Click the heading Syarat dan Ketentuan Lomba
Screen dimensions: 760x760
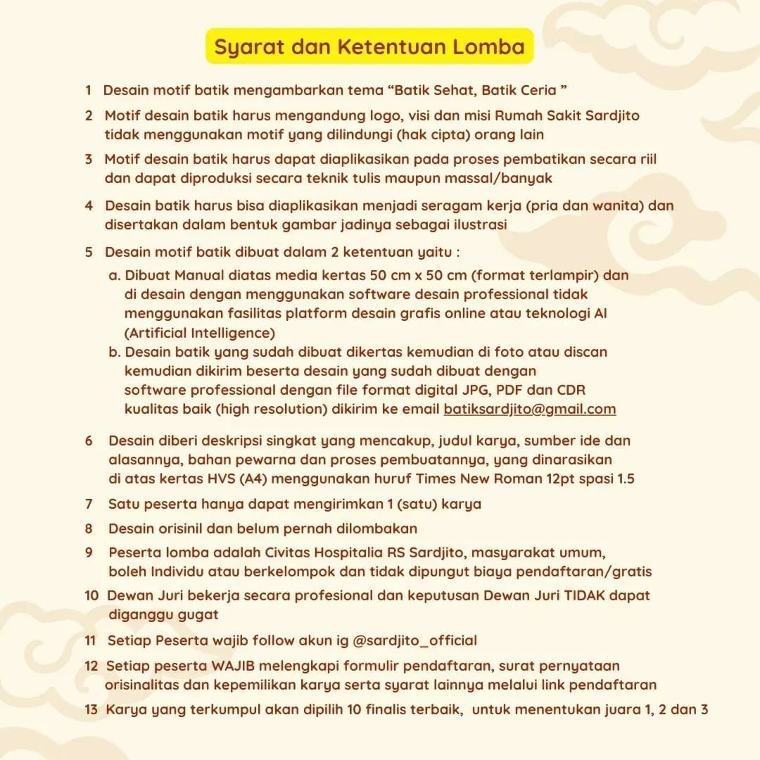coord(369,47)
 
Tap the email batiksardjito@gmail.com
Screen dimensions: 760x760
coord(529,409)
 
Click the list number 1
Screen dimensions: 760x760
coord(89,90)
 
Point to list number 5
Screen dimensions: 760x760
coord(89,252)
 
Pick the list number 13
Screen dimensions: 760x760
coord(91,709)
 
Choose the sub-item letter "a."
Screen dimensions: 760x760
coord(115,275)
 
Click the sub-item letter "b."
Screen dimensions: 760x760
coord(115,351)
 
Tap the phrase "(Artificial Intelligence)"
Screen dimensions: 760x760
coord(200,333)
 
